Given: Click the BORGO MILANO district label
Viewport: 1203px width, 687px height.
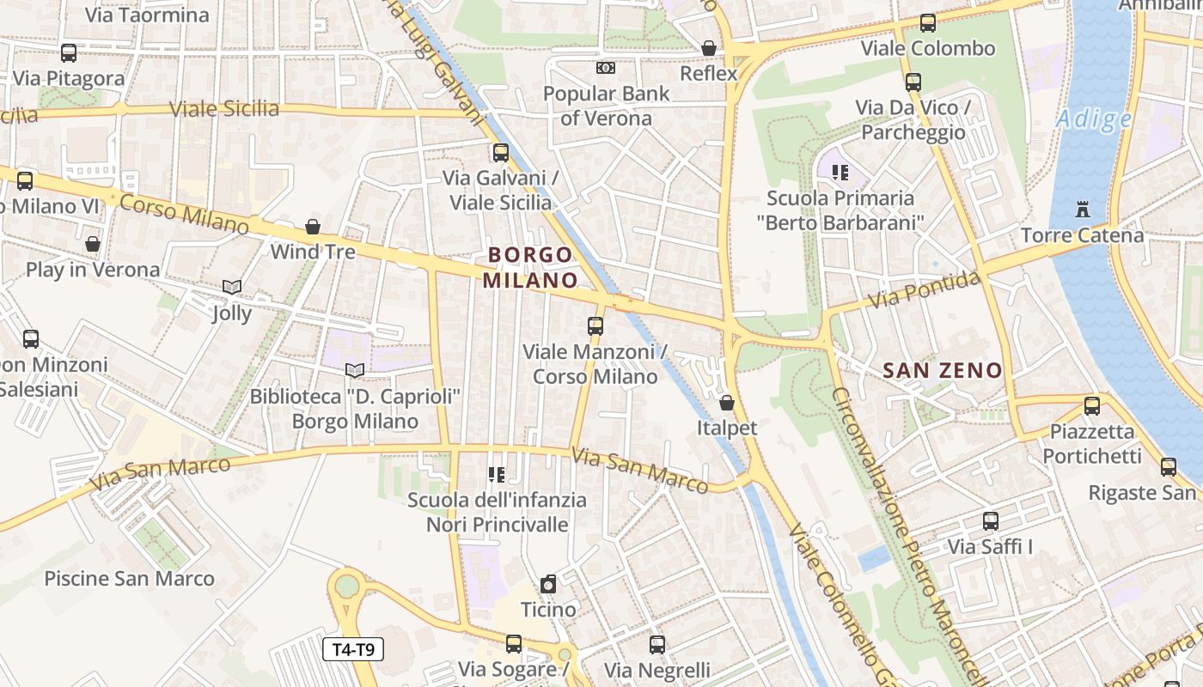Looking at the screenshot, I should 530,267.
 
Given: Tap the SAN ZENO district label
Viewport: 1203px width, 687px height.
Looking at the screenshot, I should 943,371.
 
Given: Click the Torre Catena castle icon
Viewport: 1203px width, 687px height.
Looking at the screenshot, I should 1082,209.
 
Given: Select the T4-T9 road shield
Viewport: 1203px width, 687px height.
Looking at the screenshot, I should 352,649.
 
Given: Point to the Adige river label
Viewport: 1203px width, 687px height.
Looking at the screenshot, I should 1094,119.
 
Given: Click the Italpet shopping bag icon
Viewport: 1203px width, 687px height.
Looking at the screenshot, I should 727,403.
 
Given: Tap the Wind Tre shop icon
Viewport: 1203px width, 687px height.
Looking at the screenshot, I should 313,227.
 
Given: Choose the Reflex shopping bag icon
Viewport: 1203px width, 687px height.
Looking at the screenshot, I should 709,48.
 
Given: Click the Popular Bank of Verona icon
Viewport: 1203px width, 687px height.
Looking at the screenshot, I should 606,67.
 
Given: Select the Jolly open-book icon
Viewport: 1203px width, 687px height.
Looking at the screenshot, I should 231,287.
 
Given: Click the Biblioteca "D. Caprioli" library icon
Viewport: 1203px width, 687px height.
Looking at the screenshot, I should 355,371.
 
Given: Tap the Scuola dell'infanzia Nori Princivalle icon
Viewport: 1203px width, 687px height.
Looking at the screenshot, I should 496,474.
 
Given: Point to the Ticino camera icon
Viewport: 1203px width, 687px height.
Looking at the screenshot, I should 548,584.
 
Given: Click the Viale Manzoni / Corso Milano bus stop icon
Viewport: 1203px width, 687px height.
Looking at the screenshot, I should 595,326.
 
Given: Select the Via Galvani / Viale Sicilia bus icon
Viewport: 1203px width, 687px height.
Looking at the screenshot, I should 500,153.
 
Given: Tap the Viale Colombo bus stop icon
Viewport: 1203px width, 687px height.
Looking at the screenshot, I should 928,23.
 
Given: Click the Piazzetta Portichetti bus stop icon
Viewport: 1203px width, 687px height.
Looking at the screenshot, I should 1092,406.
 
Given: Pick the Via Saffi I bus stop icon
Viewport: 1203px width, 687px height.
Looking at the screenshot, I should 991,521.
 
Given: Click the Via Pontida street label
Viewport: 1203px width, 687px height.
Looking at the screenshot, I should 924,290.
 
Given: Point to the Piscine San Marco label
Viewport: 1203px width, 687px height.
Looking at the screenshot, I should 129,578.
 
